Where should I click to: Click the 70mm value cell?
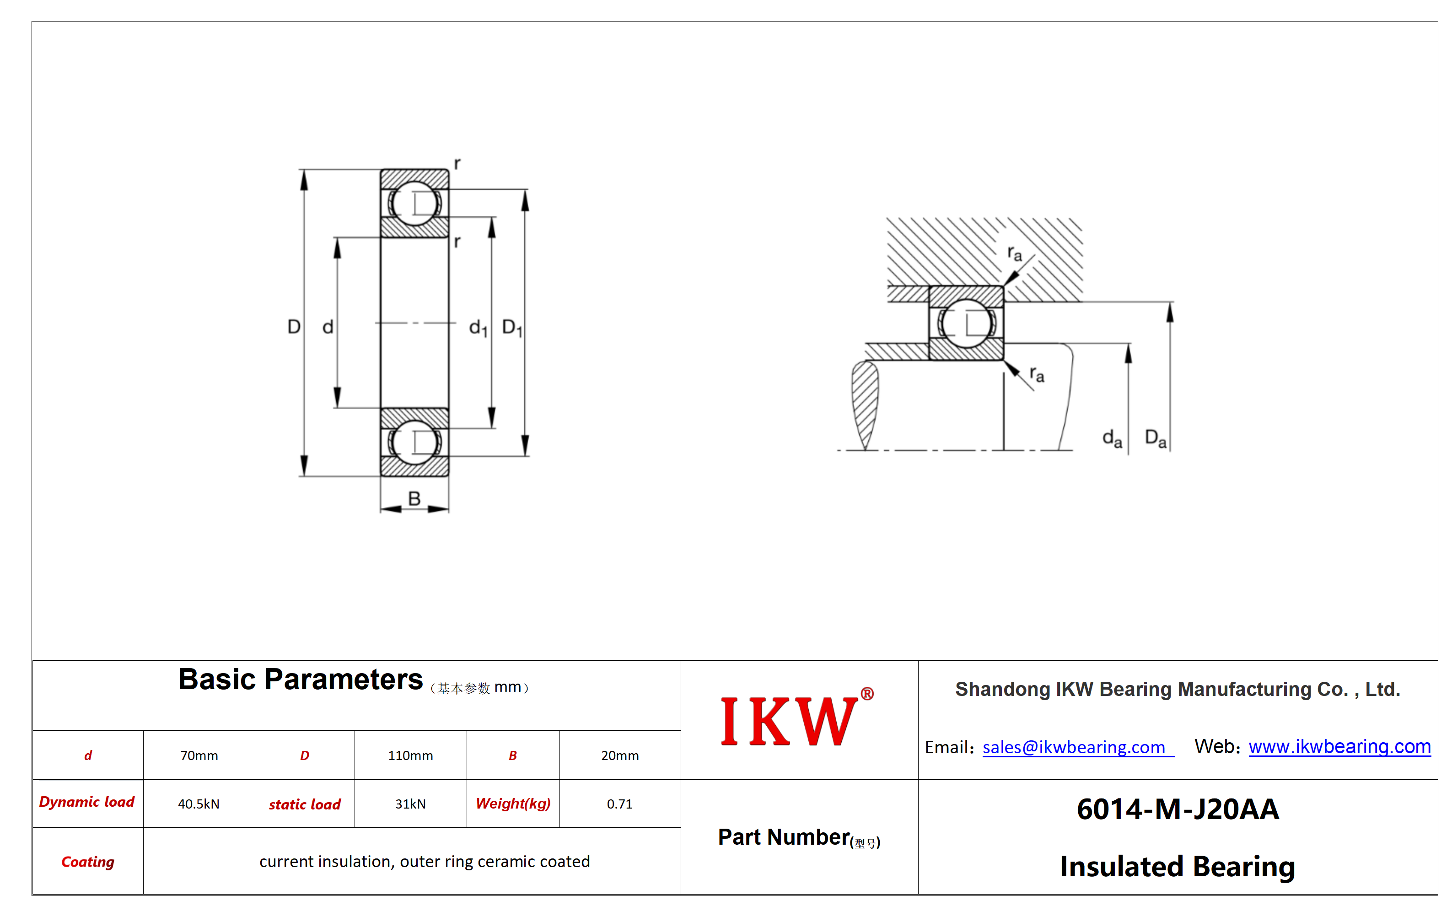(x=199, y=755)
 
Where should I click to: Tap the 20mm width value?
(x=619, y=755)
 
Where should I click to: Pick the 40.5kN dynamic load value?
(x=199, y=804)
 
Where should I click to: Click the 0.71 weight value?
(x=619, y=804)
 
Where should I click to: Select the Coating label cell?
(x=88, y=862)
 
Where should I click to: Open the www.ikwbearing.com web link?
(x=1339, y=746)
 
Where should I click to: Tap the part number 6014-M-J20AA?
(x=1178, y=809)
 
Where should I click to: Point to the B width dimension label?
(x=414, y=498)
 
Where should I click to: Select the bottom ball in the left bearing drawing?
(x=414, y=442)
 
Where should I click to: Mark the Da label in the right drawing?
(x=1155, y=438)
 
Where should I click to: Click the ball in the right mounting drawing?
(x=966, y=324)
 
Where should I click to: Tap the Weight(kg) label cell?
(x=513, y=804)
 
